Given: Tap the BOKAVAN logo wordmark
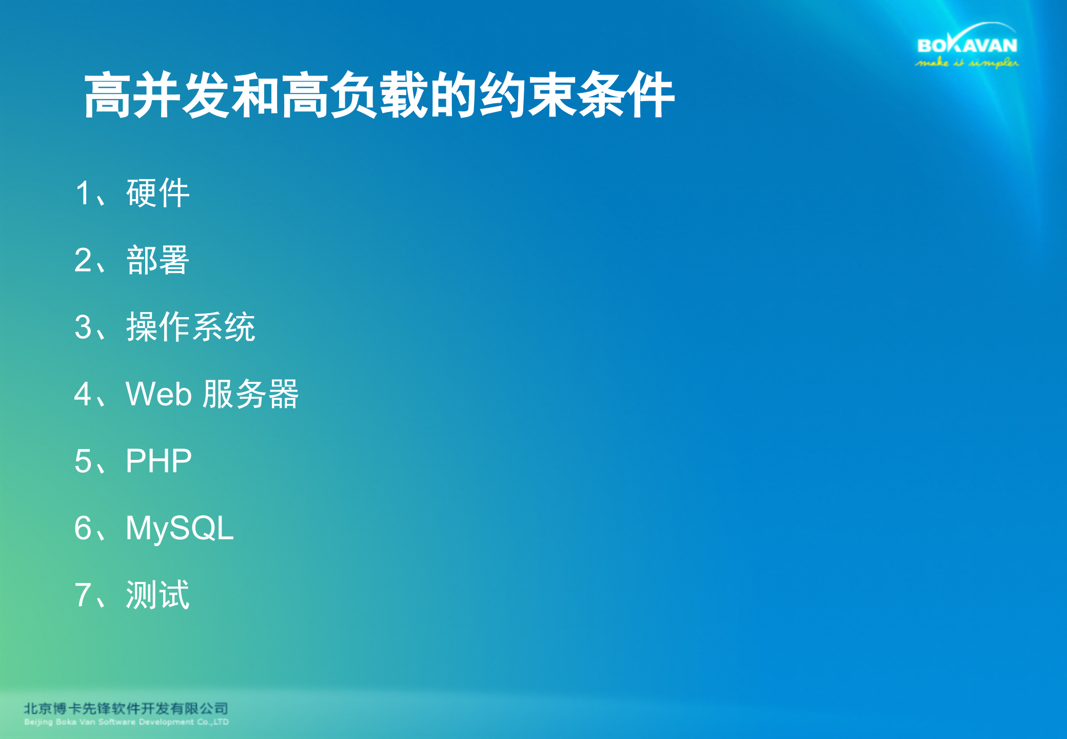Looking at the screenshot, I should [967, 46].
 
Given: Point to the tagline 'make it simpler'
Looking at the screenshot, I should [967, 63].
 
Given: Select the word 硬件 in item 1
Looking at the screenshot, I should [157, 193].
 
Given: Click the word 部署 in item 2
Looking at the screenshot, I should [157, 260].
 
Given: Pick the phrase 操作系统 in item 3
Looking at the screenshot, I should [190, 327].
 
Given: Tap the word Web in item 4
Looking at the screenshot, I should [159, 394].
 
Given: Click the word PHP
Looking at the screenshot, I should [159, 461].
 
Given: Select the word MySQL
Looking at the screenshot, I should [180, 528].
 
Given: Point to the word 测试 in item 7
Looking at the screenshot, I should [157, 595].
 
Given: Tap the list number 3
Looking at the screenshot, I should [83, 327].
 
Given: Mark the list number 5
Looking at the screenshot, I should [83, 461].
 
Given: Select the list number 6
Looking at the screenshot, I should [83, 528].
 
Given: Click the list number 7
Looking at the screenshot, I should [83, 595].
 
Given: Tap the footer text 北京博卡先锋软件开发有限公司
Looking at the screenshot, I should [126, 709].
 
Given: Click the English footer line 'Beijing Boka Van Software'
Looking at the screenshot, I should [126, 722].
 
